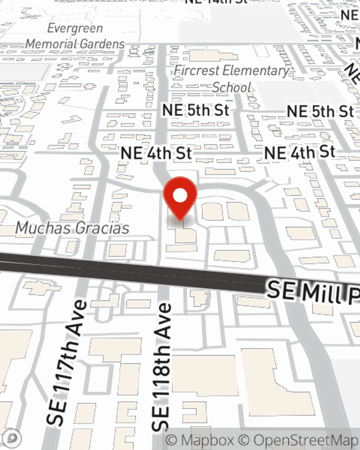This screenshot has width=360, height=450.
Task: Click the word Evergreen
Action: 75,28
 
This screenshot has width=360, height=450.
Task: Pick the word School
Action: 231,87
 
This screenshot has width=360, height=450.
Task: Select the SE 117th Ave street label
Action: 67,362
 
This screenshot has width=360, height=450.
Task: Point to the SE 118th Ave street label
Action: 162,367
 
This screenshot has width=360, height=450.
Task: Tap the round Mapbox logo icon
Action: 13,438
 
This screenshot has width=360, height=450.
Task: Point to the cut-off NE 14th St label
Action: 216,2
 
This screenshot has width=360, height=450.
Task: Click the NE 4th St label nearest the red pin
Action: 156,153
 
